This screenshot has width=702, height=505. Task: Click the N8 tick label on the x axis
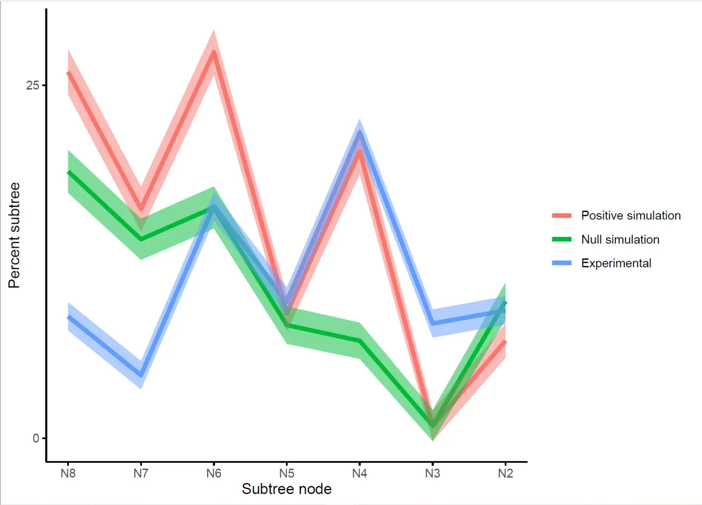tap(68, 473)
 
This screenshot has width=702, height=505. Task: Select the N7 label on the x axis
tap(141, 473)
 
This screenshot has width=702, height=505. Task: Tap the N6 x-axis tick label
tap(214, 473)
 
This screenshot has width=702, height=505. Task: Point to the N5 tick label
tap(287, 473)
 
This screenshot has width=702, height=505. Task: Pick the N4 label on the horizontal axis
tap(359, 473)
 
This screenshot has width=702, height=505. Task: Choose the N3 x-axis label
tap(432, 473)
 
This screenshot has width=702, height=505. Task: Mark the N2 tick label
tap(505, 473)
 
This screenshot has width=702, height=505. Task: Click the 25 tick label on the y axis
tap(32, 85)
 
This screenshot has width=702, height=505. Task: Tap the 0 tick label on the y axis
tap(36, 439)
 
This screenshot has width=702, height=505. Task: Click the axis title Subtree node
tap(286, 489)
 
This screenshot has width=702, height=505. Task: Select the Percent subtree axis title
tap(14, 235)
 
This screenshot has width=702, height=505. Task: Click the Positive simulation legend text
tap(630, 215)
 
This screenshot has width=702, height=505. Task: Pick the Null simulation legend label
tap(620, 239)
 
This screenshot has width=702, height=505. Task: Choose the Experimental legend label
tap(616, 263)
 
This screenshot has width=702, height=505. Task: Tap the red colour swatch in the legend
tap(562, 215)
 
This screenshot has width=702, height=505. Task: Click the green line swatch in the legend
tap(562, 239)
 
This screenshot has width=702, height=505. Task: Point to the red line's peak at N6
tap(214, 52)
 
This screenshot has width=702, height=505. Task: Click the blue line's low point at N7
tap(141, 375)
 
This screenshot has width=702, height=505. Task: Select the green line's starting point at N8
tap(69, 172)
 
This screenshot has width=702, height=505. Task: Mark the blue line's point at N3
tap(433, 323)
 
